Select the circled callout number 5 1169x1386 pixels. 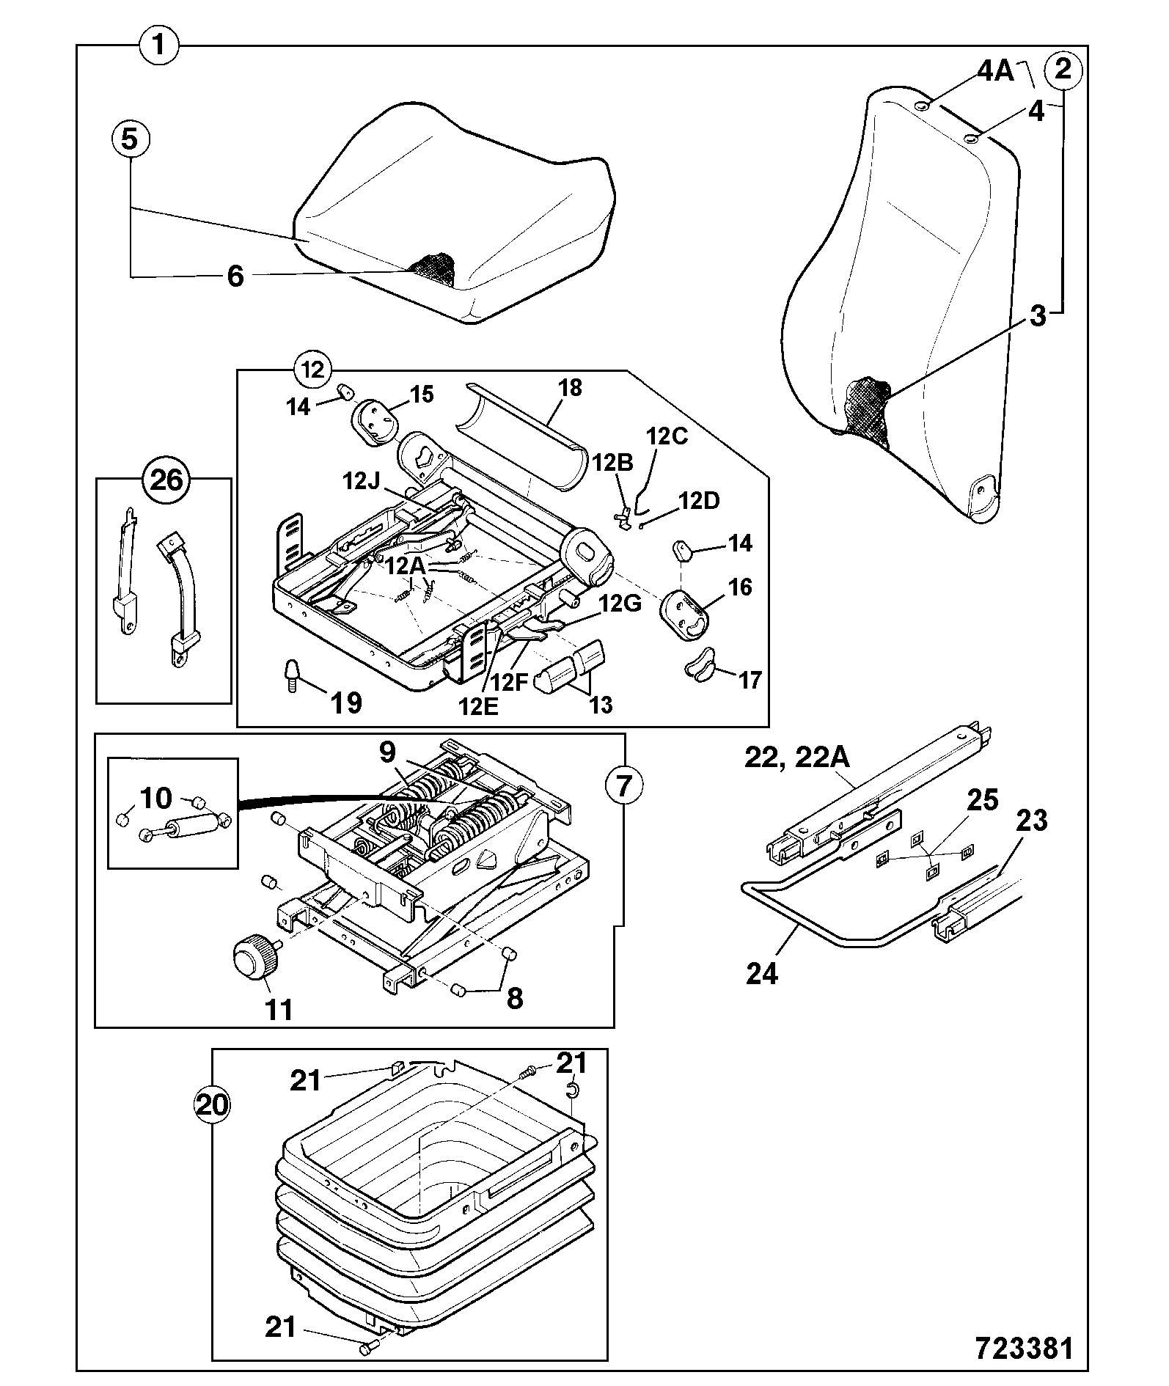130,139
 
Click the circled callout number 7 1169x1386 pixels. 624,786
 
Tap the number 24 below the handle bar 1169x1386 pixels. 762,974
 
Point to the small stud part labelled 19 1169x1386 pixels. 291,675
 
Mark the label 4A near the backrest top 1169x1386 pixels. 994,71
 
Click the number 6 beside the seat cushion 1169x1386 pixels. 235,277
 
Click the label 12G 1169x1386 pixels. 621,604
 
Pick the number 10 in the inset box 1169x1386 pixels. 155,798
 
